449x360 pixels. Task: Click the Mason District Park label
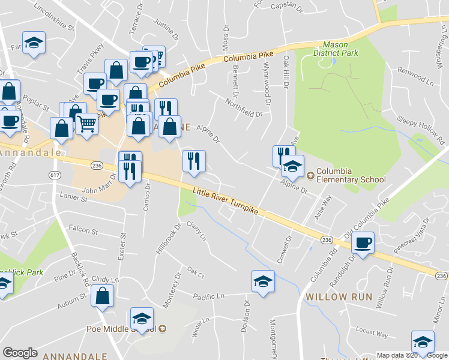(336, 49)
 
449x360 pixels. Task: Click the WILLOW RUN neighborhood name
(339, 297)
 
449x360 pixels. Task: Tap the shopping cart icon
(87, 124)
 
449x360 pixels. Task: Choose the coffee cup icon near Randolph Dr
(363, 242)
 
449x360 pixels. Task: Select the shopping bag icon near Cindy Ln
(103, 295)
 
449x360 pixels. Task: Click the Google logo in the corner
(20, 353)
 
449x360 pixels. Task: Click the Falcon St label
(83, 229)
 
